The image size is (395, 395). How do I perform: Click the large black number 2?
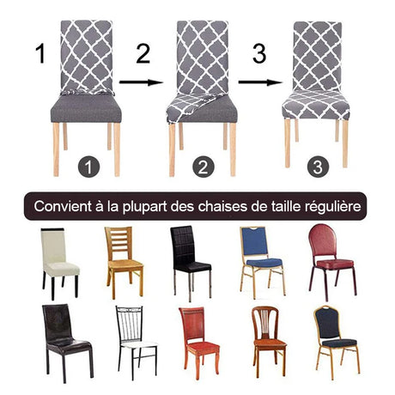pyautogui.click(x=143, y=57)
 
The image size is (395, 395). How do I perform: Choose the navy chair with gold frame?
pyautogui.click(x=334, y=340)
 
